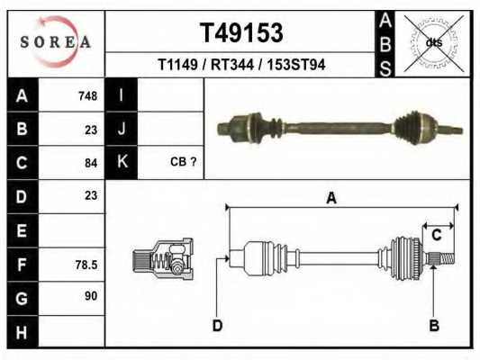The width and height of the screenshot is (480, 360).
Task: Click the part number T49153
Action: (x=240, y=33)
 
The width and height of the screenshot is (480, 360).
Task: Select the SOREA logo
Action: (x=57, y=41)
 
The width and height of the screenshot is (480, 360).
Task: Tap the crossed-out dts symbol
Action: (x=433, y=41)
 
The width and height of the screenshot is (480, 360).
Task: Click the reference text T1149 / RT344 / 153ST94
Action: (x=240, y=65)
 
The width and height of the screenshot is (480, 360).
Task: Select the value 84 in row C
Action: (x=90, y=163)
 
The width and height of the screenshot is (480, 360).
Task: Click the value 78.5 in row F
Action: (x=86, y=265)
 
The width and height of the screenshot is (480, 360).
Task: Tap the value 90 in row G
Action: (x=90, y=296)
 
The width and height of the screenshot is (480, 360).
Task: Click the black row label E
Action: (x=23, y=230)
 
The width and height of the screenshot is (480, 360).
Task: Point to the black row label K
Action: (x=122, y=162)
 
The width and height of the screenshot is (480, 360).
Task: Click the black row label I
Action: (x=122, y=95)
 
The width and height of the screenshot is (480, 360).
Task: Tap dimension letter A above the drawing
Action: (x=331, y=198)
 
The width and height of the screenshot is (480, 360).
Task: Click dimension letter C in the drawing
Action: (x=436, y=236)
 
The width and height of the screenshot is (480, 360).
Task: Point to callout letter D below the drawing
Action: (x=217, y=325)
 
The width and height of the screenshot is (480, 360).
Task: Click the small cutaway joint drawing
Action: (x=163, y=260)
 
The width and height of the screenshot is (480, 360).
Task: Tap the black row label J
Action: (x=122, y=130)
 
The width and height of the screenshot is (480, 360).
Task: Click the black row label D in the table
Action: (x=23, y=195)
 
